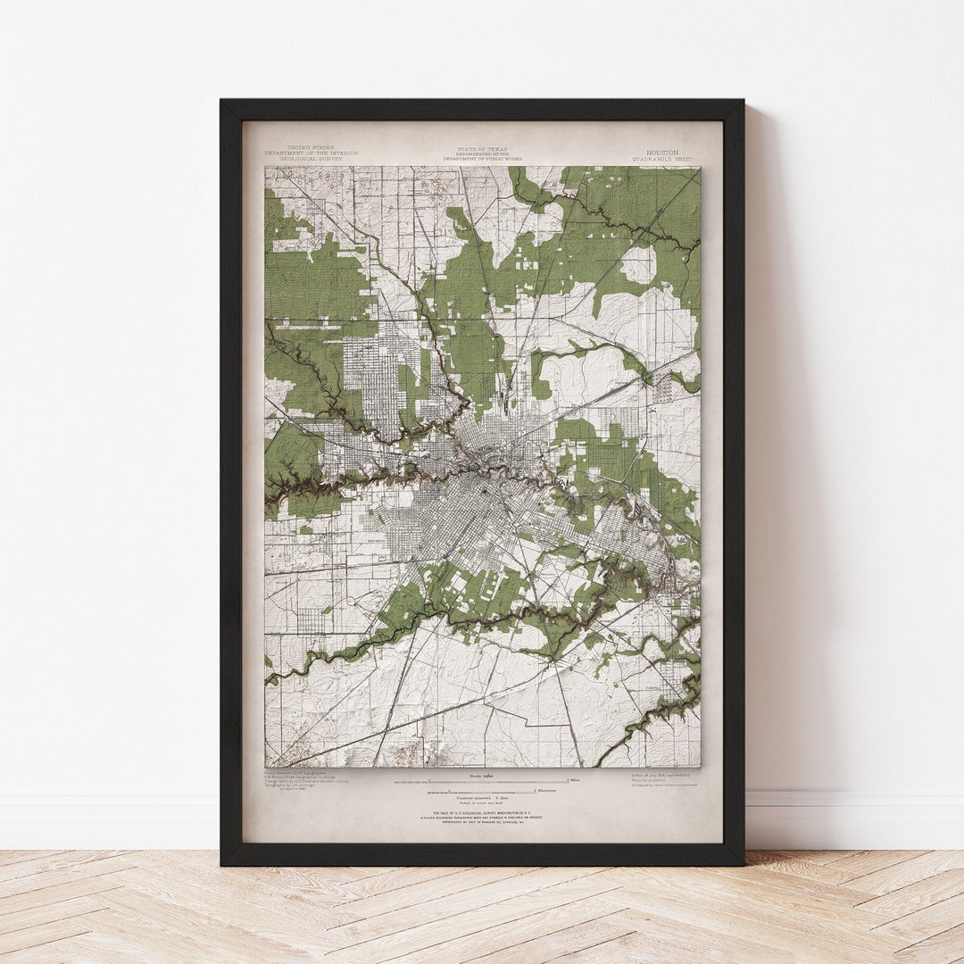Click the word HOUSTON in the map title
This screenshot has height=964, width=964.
(662, 153)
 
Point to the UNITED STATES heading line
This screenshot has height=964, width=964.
(311, 147)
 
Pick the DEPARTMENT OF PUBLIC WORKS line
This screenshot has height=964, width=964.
(482, 158)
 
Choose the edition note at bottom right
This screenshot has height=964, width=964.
(661, 779)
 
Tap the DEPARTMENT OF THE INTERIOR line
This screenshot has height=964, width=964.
(311, 153)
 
